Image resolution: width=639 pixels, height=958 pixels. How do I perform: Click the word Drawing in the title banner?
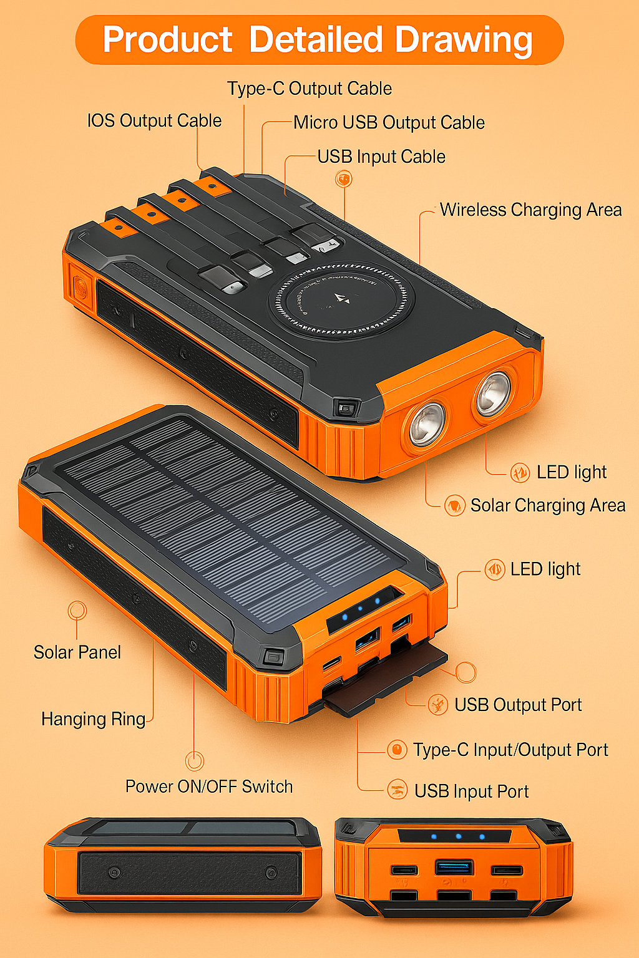click(x=464, y=41)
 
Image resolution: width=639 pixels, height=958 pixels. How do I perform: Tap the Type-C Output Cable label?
click(x=310, y=89)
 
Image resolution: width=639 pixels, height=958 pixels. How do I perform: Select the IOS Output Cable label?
click(x=155, y=120)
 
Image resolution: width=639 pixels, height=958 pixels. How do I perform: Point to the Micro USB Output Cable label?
click(x=389, y=123)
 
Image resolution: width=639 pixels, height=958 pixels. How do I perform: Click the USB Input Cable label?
click(x=381, y=157)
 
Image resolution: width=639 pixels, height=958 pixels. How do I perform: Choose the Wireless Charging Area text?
click(x=530, y=210)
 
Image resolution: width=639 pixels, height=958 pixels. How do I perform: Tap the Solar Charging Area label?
click(x=548, y=506)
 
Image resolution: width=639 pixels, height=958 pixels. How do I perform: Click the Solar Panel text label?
click(x=77, y=652)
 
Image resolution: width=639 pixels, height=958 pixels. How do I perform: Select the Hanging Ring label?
click(x=94, y=719)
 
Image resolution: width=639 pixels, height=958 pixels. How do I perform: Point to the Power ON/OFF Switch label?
click(x=209, y=786)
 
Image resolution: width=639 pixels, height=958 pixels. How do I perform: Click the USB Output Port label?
click(x=518, y=705)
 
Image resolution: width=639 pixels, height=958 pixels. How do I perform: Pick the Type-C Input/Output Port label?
click(x=510, y=750)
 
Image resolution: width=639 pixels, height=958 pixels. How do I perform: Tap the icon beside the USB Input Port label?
click(x=397, y=790)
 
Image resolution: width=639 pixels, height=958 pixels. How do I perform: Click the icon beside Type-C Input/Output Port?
click(x=397, y=750)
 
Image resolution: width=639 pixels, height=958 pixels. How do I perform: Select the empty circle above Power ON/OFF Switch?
click(x=194, y=762)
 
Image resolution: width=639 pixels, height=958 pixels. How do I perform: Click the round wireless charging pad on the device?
click(x=341, y=301)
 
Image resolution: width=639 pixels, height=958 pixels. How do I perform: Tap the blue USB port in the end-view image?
click(x=454, y=868)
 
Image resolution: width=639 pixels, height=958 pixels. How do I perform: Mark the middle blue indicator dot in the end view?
click(x=459, y=836)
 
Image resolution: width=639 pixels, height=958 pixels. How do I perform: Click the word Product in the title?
click(x=167, y=40)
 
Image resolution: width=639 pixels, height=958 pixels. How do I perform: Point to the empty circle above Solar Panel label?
click(x=77, y=611)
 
